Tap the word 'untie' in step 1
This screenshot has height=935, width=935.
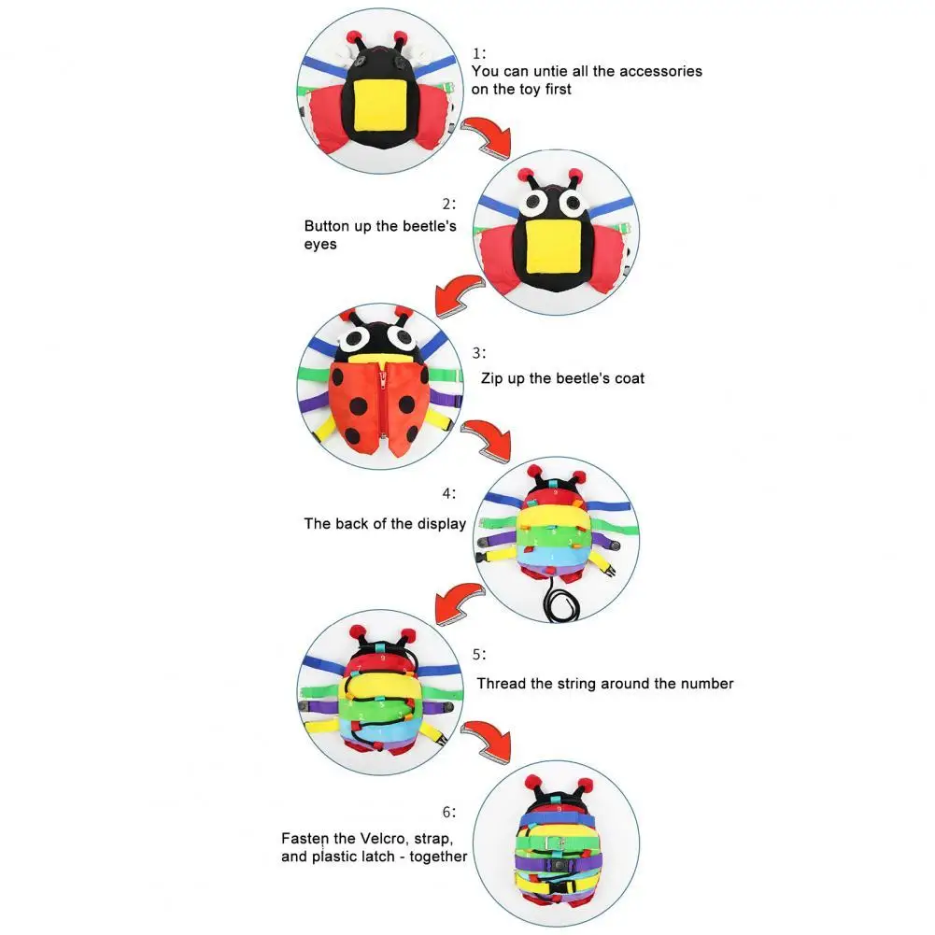[x=561, y=71]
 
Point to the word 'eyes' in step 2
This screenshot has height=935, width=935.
[x=320, y=244]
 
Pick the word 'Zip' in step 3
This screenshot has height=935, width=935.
[x=493, y=378]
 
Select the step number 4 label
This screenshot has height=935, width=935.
[x=449, y=493]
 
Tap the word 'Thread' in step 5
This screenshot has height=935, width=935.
[x=500, y=684]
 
